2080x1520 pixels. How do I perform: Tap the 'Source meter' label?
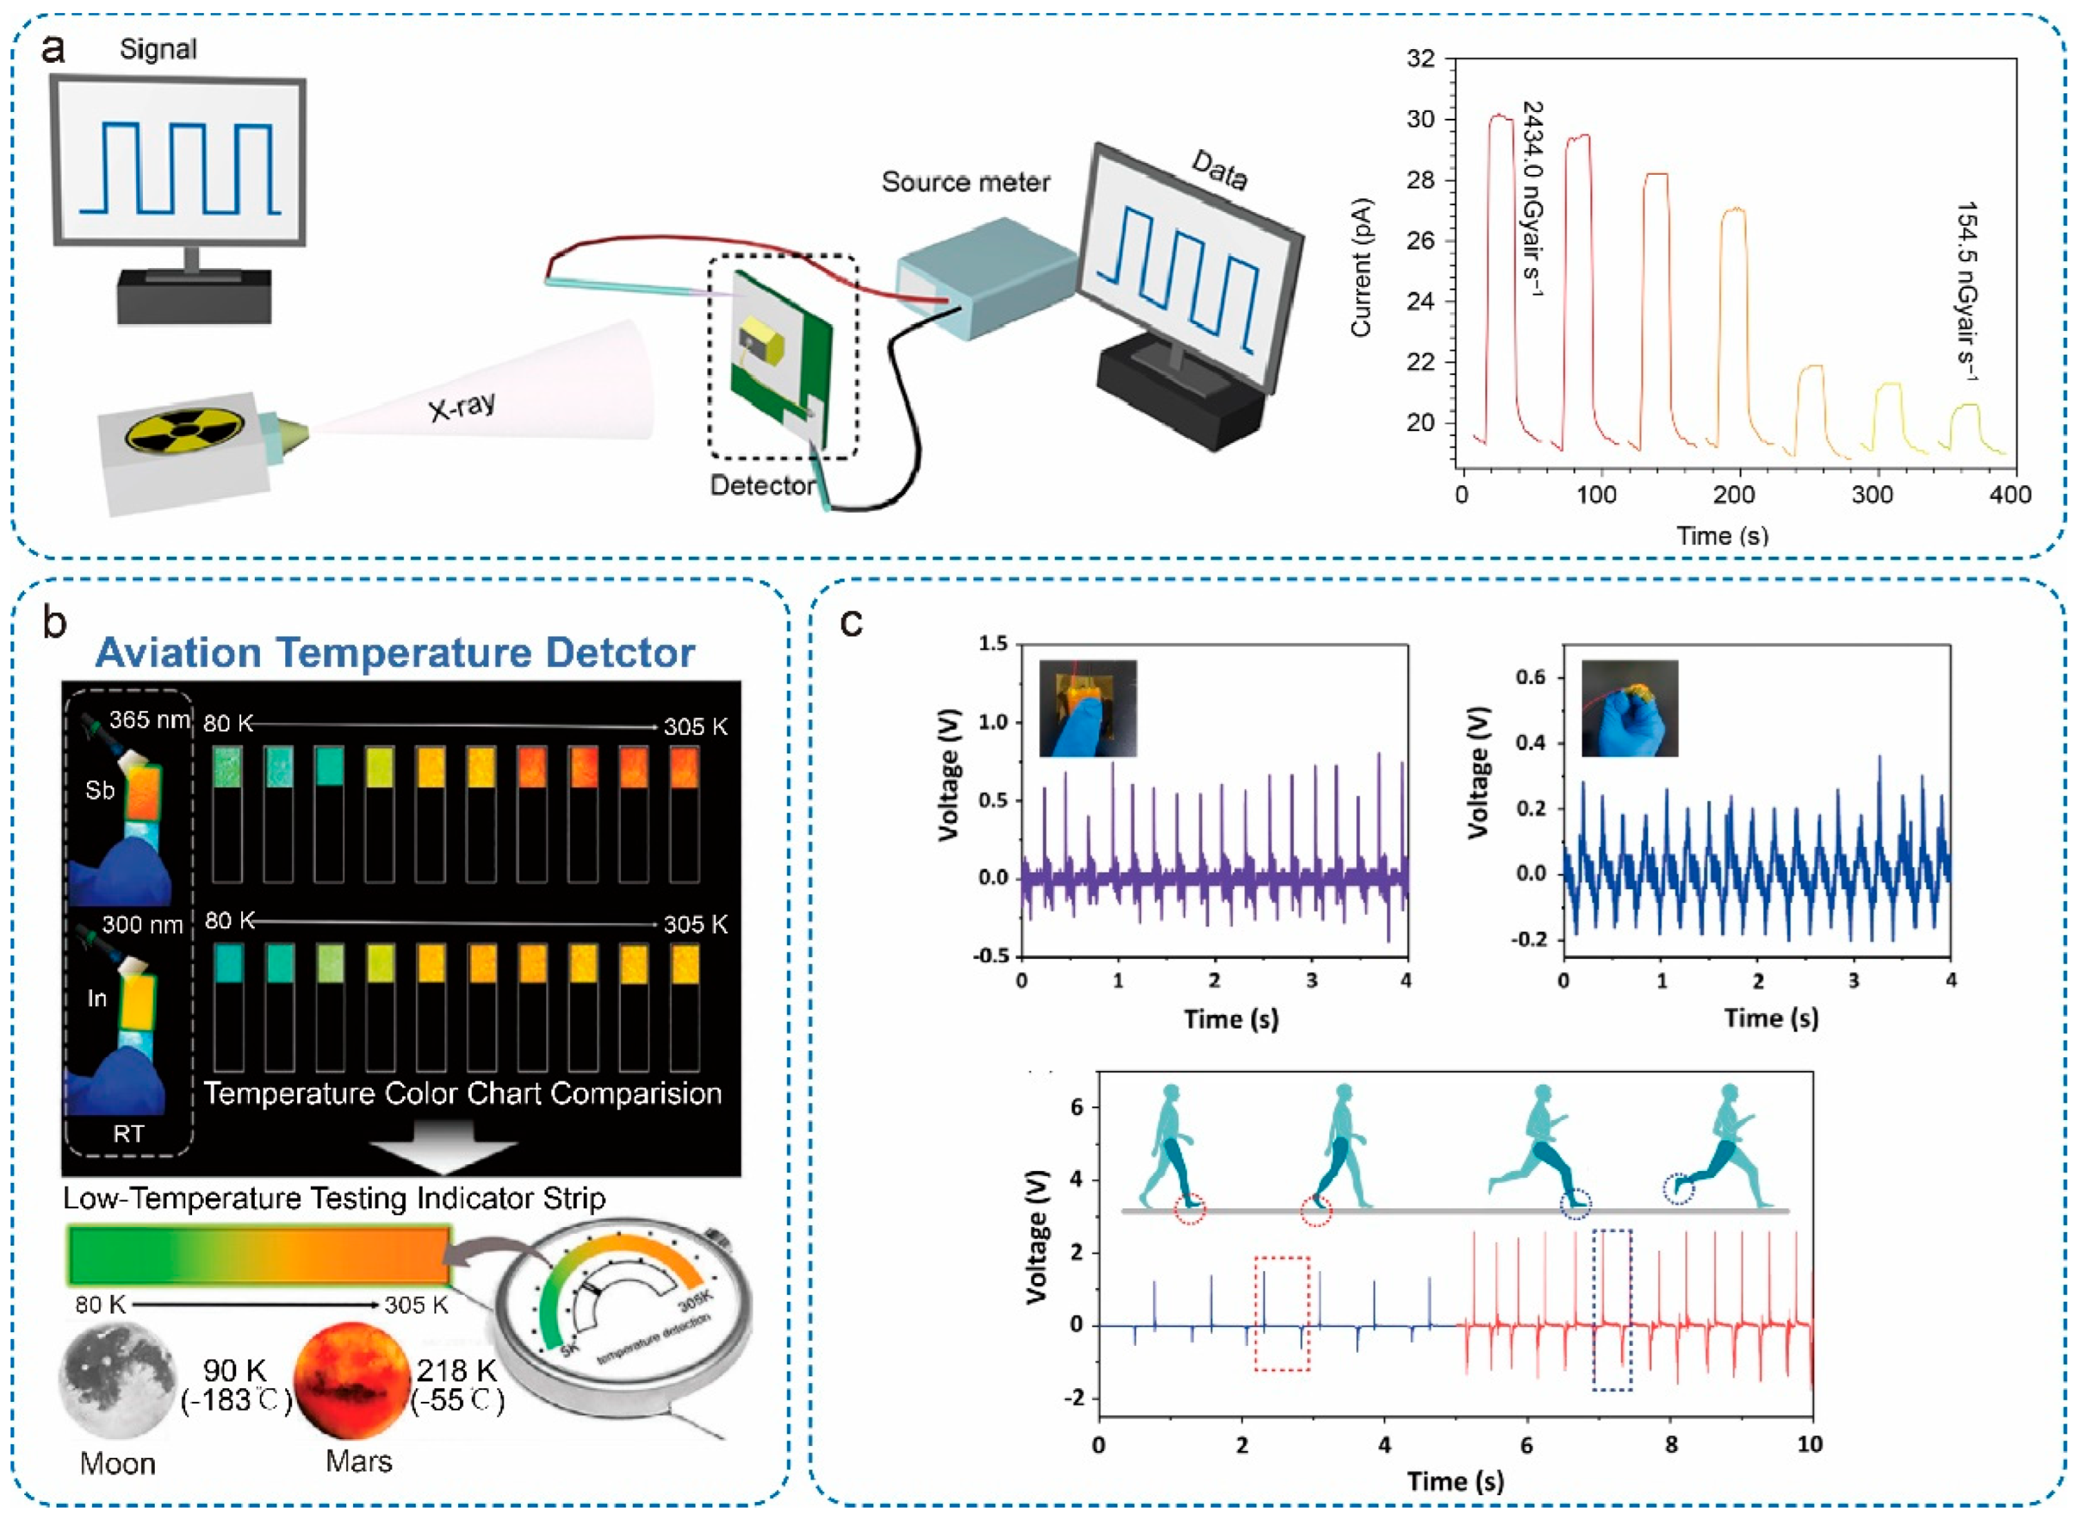[x=965, y=182]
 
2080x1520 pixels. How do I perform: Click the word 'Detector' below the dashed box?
[x=762, y=485]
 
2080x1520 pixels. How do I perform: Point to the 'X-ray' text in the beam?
[x=462, y=406]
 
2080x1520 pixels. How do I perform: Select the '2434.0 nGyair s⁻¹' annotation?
[x=1532, y=198]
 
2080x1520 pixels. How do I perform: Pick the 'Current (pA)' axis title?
[x=1362, y=267]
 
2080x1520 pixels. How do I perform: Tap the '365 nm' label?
[x=149, y=719]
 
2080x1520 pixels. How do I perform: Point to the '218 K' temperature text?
[x=457, y=1370]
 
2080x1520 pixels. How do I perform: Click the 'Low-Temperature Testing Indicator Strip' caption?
[x=334, y=1198]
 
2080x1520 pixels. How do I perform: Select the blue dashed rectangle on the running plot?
[x=1612, y=1309]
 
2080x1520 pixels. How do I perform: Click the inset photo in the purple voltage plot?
[x=1087, y=707]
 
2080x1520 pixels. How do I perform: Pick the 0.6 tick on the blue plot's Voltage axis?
[x=1531, y=677]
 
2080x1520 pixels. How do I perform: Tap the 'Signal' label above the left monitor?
[x=158, y=49]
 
